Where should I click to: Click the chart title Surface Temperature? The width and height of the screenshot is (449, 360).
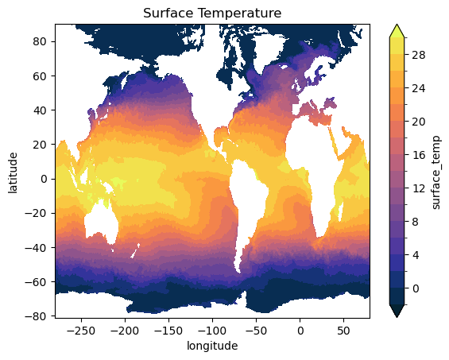(212, 14)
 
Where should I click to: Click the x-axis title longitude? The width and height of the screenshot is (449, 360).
(212, 346)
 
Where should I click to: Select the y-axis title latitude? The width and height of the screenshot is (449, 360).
(13, 173)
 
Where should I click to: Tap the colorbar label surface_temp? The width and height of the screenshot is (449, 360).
(435, 172)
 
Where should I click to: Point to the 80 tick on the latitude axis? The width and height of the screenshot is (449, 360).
(40, 41)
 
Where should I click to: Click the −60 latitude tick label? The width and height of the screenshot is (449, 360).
(36, 282)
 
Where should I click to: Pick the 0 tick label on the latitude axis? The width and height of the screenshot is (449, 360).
(44, 179)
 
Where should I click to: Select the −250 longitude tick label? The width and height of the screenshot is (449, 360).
(81, 331)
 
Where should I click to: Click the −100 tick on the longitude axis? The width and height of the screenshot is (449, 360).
(212, 331)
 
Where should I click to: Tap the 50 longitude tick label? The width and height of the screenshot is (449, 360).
(343, 331)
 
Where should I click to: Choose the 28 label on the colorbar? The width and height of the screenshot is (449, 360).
(419, 55)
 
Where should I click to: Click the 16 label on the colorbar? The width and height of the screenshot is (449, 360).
(419, 155)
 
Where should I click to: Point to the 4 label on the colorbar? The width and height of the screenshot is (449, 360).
(415, 255)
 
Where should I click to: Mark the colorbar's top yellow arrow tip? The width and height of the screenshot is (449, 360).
(397, 25)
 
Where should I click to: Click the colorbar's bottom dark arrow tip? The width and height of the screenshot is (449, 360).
(397, 317)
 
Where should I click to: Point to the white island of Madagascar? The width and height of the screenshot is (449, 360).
(341, 211)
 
